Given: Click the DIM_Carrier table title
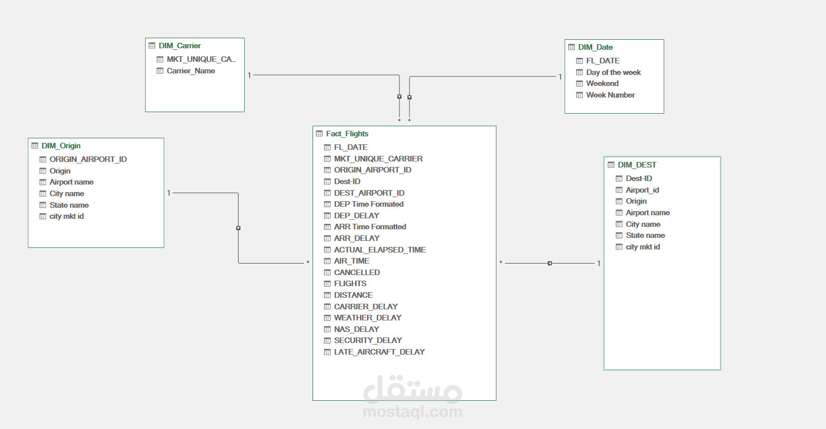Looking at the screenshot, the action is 179,46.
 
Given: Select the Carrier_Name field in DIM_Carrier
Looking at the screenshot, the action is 190,71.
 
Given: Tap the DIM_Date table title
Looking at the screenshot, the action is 595,47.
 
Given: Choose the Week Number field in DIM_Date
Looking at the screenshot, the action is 610,95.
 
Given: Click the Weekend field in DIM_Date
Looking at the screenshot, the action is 602,83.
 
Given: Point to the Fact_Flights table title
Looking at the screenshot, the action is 347,134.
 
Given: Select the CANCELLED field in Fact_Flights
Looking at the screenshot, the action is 357,273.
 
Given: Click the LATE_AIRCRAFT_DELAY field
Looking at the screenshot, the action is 379,352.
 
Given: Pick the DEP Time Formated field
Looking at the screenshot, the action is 368,204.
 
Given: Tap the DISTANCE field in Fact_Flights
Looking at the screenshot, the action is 353,295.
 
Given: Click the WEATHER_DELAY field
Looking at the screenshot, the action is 367,317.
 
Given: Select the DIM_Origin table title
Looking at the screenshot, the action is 61,146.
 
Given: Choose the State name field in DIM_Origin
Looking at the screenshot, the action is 69,205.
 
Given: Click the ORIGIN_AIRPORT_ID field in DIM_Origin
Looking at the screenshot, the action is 88,159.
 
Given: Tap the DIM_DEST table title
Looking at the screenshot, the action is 637,164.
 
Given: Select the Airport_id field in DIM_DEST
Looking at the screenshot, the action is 642,190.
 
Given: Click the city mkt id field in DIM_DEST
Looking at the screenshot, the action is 643,247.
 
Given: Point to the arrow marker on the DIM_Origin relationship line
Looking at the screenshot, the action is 238,228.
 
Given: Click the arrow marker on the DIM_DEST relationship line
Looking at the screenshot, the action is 550,263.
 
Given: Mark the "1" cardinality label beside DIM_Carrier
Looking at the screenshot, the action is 249,75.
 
